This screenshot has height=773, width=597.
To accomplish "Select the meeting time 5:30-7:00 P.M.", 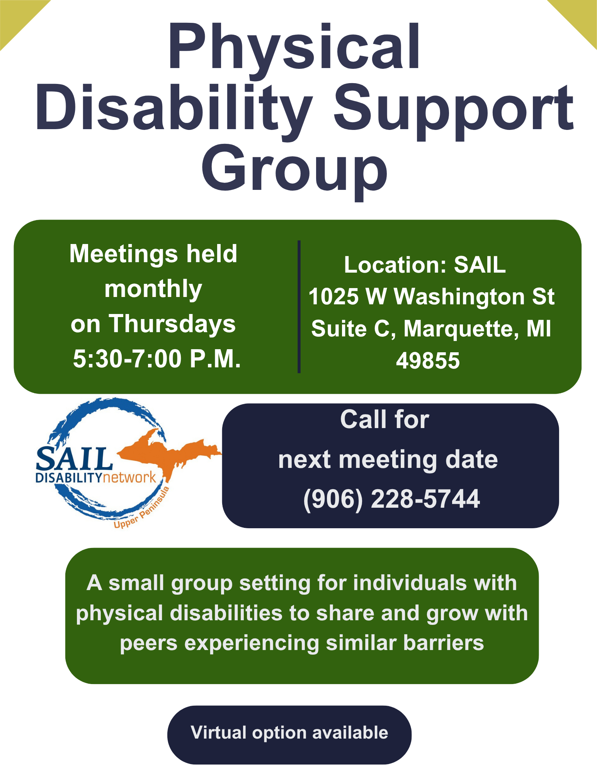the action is (157, 358).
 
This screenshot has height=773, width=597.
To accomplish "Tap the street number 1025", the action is (333, 297).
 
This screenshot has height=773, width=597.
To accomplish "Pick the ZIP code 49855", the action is (428, 360).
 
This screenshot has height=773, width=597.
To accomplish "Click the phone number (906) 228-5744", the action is (391, 499).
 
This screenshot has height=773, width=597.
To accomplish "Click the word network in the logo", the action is (129, 478).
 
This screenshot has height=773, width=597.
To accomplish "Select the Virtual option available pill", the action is (289, 735).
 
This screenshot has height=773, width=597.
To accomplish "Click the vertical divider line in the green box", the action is (299, 307).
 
